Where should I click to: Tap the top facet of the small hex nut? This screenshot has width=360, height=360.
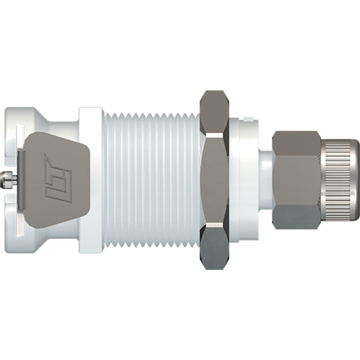pos(296,142)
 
